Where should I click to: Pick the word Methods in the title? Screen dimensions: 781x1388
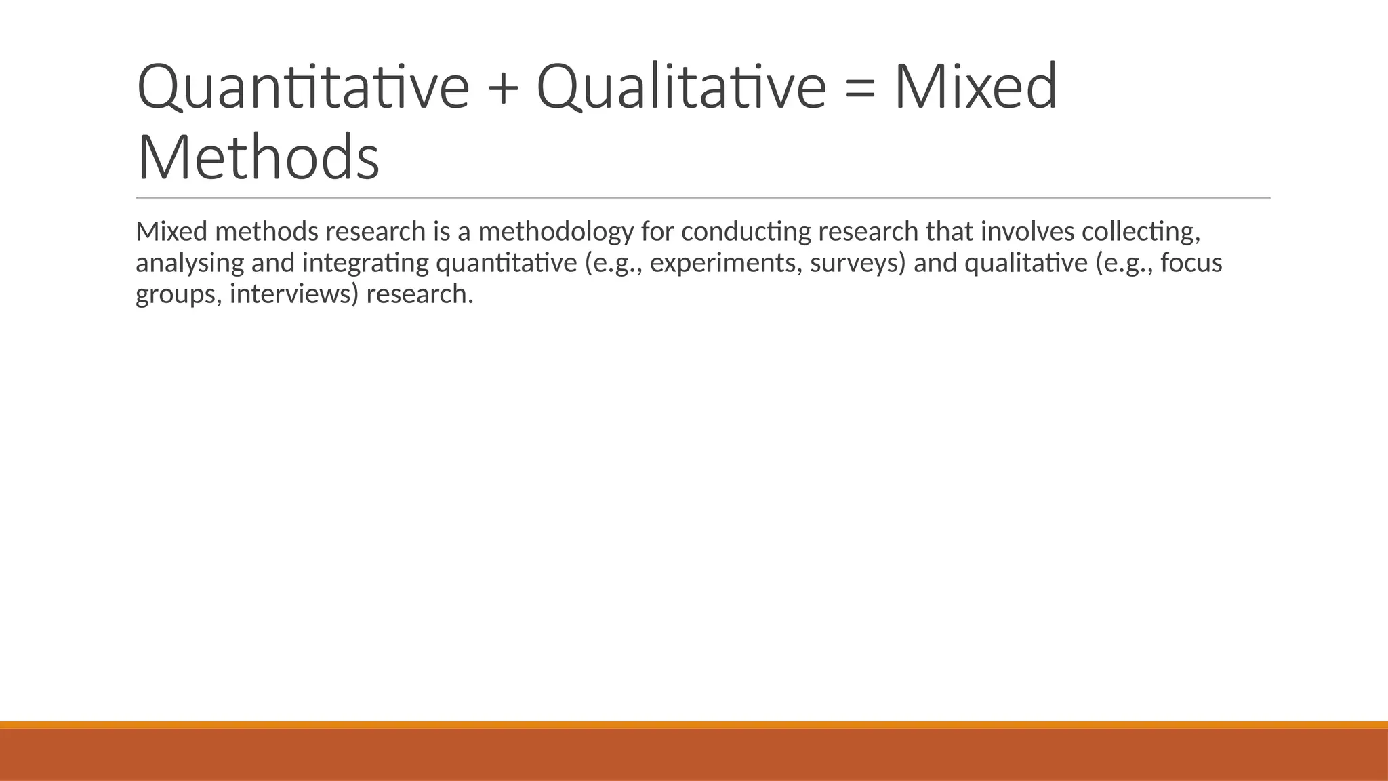click(258, 157)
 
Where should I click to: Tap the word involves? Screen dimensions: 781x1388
click(1027, 232)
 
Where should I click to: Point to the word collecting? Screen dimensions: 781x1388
click(1141, 233)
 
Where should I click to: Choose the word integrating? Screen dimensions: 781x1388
click(365, 264)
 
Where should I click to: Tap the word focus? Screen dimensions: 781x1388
click(1191, 263)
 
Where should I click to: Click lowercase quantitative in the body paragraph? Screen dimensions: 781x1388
click(506, 264)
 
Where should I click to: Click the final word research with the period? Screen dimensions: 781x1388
click(420, 295)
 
